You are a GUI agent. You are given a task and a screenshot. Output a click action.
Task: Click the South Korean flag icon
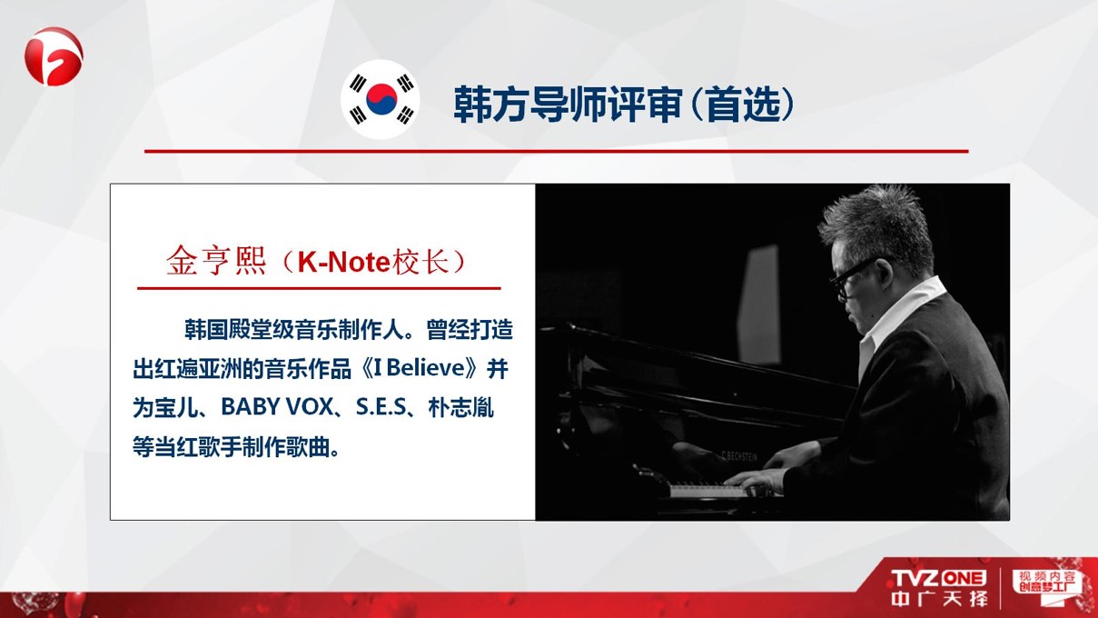pyautogui.click(x=381, y=99)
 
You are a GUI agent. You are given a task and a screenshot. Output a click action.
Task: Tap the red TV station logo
pyautogui.click(x=54, y=56)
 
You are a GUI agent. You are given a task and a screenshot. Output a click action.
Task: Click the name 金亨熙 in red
pyautogui.click(x=216, y=261)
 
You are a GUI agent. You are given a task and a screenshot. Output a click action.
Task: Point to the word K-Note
pyautogui.click(x=343, y=262)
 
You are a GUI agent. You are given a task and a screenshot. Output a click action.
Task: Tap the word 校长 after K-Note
pyautogui.click(x=421, y=261)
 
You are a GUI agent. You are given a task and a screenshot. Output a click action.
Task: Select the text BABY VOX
pyautogui.click(x=277, y=407)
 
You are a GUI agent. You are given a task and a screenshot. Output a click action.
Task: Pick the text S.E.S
pyautogui.click(x=381, y=407)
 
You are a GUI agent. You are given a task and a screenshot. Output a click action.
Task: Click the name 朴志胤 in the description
pyautogui.click(x=460, y=407)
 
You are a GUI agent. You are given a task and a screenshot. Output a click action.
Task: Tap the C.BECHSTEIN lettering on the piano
pyautogui.click(x=739, y=456)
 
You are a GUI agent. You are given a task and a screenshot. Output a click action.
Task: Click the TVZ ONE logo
pyautogui.click(x=938, y=578)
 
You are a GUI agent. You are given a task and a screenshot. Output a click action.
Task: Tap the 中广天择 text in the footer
pyautogui.click(x=938, y=599)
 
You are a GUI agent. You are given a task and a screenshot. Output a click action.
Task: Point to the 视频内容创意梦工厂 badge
pyautogui.click(x=1046, y=583)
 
